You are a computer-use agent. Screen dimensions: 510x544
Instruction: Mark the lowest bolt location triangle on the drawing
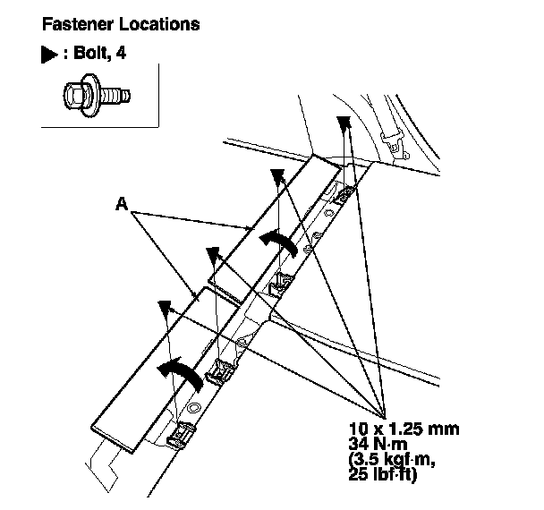[164, 308]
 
